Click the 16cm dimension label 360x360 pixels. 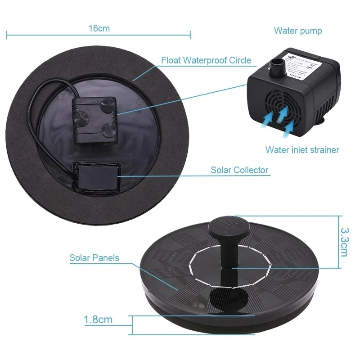pos(99,28)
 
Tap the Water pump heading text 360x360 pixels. pos(298,31)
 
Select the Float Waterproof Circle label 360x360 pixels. pos(206,60)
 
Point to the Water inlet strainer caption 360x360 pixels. pos(302,149)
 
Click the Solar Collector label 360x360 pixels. pos(239,170)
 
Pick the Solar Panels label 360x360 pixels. pos(94,258)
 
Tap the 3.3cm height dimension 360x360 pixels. pos(344,242)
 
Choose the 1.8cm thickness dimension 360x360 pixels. pos(98,320)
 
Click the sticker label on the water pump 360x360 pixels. pos(306,67)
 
